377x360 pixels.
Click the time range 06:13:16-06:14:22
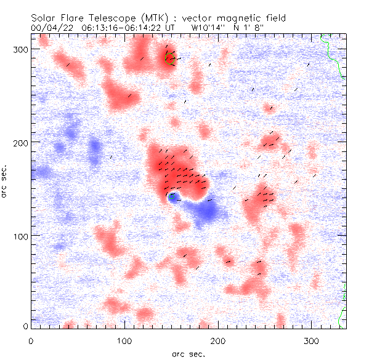(x=120, y=28)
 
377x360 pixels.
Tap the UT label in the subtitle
(x=169, y=28)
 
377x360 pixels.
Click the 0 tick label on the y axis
(x=25, y=326)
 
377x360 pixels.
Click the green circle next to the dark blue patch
(x=173, y=197)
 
